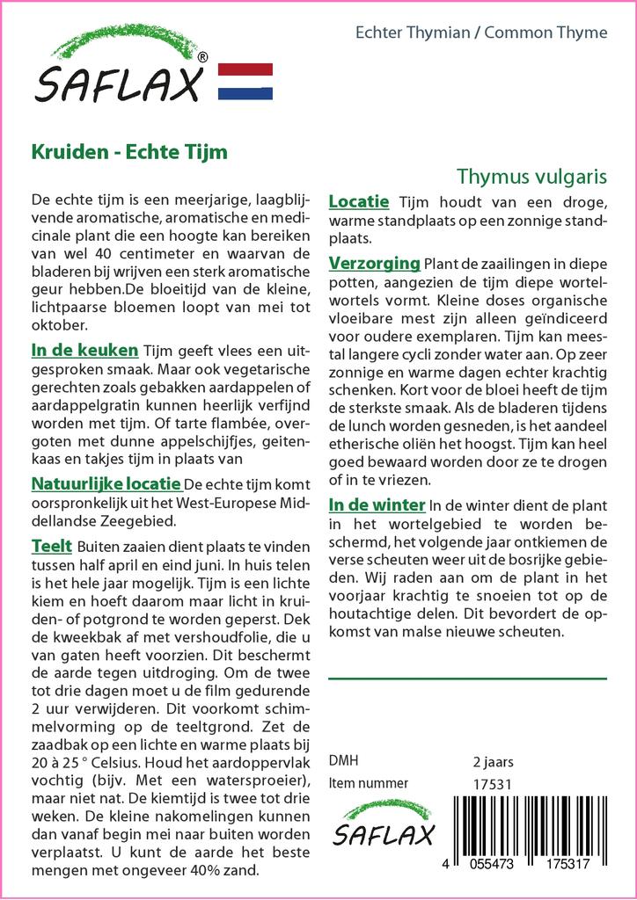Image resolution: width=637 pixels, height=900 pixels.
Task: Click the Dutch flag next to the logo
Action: pyautogui.click(x=245, y=81)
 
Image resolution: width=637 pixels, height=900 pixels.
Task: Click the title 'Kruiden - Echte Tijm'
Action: pyautogui.click(x=129, y=151)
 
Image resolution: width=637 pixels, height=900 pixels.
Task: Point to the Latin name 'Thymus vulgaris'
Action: pyautogui.click(x=532, y=176)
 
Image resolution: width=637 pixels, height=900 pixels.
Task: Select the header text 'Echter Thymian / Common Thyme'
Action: pyautogui.click(x=480, y=33)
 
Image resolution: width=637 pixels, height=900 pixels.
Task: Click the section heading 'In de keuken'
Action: pyautogui.click(x=84, y=350)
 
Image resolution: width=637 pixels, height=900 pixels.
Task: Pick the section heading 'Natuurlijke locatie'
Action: pyautogui.click(x=106, y=483)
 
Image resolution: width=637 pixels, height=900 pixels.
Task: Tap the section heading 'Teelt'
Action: pyautogui.click(x=51, y=546)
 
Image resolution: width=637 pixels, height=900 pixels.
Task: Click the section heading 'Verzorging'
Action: pyautogui.click(x=374, y=263)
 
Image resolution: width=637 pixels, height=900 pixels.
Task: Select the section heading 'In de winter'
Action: pyautogui.click(x=377, y=504)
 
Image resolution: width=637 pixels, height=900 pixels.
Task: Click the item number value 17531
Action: pyautogui.click(x=492, y=783)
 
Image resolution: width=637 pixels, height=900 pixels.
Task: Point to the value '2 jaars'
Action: pyautogui.click(x=493, y=761)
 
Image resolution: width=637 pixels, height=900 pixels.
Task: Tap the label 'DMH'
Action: pyautogui.click(x=343, y=761)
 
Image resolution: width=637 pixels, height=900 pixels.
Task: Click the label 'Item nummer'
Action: pyautogui.click(x=368, y=783)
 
